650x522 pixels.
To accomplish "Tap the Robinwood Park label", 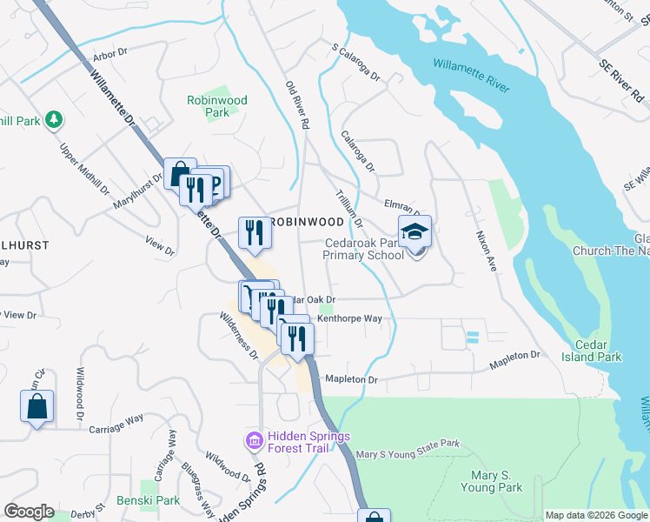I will coord(217,106).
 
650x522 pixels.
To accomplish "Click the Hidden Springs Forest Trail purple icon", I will coord(254,442).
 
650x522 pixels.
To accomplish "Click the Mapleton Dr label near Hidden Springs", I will coord(352,379).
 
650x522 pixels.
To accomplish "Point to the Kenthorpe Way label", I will coord(349,318).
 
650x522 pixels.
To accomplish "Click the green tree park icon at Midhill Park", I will coord(54,118).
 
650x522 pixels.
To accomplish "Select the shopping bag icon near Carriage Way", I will coord(37,406).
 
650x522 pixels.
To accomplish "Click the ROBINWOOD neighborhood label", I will coord(307,223).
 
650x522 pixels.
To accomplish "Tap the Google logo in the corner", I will coord(29,512).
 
